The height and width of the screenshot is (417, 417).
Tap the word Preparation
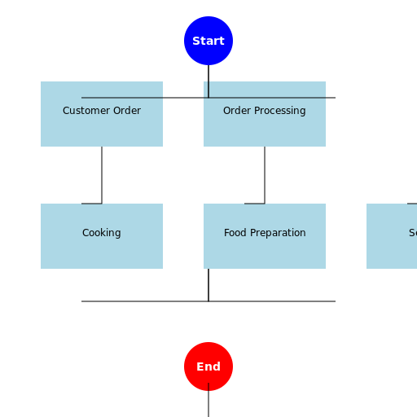point(278,233)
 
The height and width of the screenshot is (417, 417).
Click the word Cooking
point(102,233)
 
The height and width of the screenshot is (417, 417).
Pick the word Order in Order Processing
point(237,111)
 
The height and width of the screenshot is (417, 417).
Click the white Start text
point(208,41)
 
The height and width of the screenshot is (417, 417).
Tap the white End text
point(208,367)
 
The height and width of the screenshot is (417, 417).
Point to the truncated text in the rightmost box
point(412,233)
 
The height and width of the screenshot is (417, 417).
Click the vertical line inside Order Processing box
point(208,89)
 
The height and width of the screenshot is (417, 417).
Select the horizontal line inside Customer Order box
point(122,98)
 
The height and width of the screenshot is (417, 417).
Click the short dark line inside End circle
point(208,385)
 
